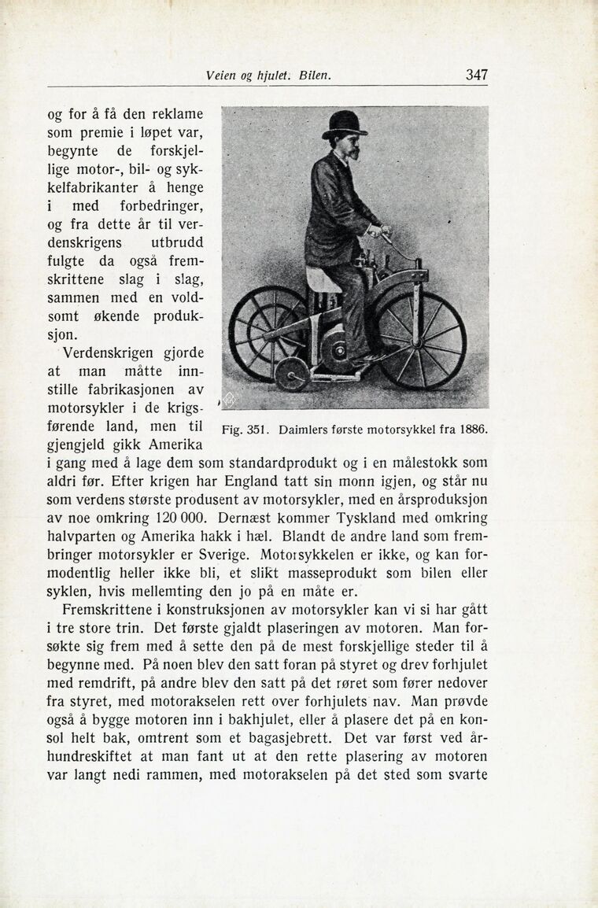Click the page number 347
[476, 76]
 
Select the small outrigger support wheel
[293, 375]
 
